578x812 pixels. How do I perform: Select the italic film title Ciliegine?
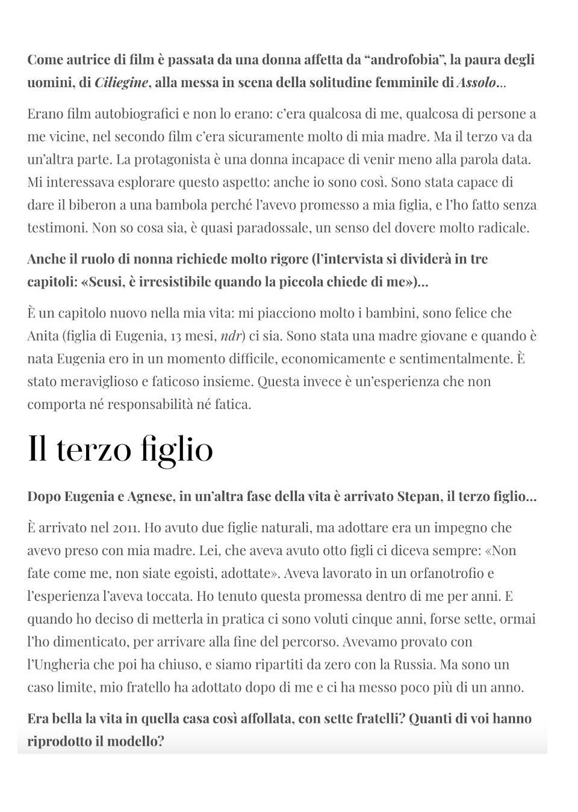[121, 82]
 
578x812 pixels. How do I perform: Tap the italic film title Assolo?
[476, 82]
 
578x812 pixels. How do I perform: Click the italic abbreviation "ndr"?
[231, 336]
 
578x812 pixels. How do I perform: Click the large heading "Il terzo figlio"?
[120, 449]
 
